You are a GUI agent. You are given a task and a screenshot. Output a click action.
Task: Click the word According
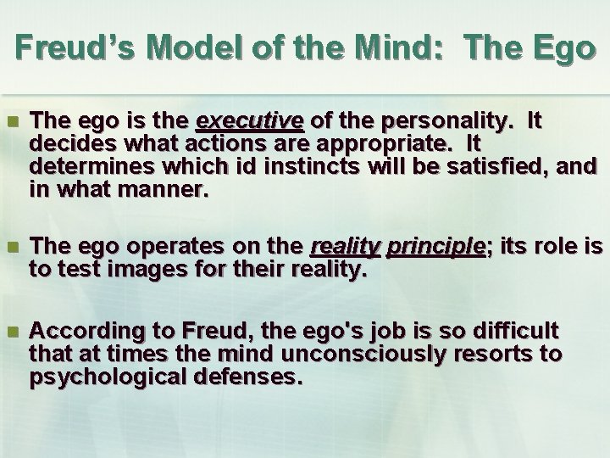click(75, 330)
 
